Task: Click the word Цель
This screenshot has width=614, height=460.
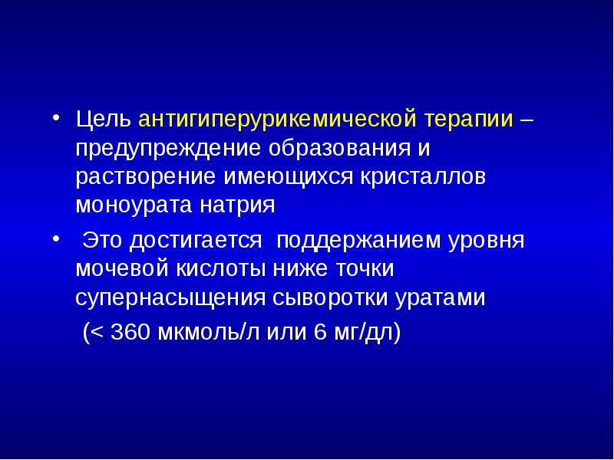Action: [104, 120]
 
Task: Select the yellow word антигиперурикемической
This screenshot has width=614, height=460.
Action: [277, 120]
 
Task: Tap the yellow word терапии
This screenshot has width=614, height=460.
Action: [467, 120]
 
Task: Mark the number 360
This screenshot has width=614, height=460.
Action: [130, 333]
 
